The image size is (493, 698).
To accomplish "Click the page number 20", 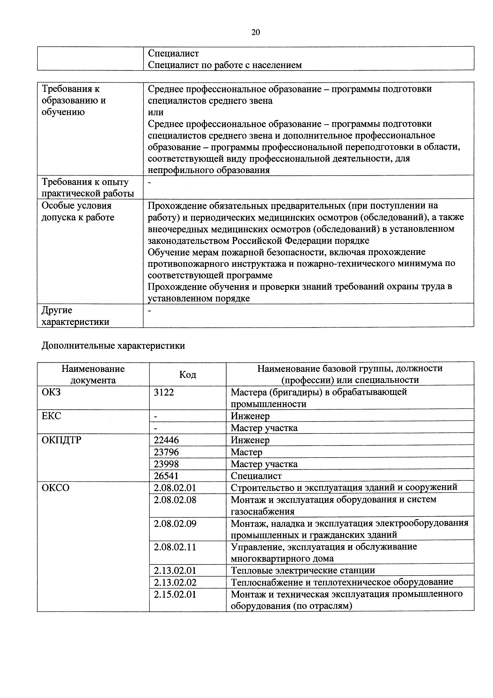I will pos(255,32).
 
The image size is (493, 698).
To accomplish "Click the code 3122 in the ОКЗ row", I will pos(164,392).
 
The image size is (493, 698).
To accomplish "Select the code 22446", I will pos(166,440).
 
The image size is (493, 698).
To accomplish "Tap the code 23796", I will pos(166,452).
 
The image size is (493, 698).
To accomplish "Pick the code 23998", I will pos(166,464).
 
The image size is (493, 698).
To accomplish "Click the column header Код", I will pos(187,374).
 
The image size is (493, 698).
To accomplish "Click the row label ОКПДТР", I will pos(62,440).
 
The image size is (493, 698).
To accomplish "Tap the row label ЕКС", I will pos(51,416).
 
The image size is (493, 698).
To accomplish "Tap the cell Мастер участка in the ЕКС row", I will pos(264,428).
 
